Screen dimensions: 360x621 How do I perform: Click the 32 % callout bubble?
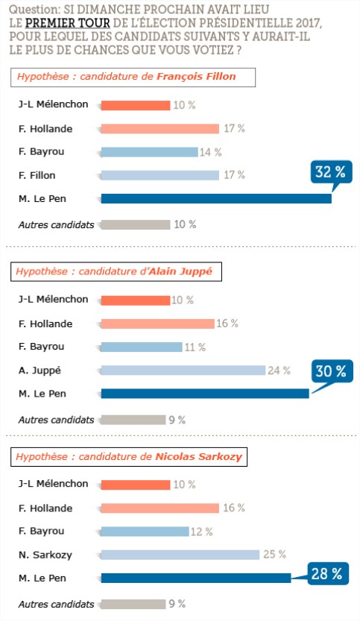point(331,173)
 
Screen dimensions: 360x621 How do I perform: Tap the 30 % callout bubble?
point(332,371)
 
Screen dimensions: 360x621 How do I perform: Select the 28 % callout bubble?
point(327,573)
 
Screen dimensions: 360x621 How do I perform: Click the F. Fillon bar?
point(160,175)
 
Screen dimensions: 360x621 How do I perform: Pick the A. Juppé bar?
point(183,371)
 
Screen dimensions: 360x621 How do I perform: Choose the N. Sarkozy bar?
point(180,555)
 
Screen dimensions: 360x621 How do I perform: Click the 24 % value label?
point(279,371)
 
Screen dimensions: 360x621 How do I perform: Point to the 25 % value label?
point(274,554)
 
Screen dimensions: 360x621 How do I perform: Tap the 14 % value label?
point(210,152)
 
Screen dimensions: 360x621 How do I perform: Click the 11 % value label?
point(195,347)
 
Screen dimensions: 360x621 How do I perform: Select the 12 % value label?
point(201,532)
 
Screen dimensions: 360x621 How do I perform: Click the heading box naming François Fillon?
point(133,78)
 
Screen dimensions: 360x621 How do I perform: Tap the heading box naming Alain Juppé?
point(116,271)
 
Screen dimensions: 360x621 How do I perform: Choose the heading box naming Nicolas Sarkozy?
point(129,457)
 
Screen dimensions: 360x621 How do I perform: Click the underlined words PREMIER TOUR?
point(67,23)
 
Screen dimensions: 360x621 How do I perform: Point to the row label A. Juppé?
point(40,371)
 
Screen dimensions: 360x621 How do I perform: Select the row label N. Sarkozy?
point(45,555)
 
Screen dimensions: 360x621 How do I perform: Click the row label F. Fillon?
point(37,175)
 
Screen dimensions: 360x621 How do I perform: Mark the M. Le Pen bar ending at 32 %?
point(216,198)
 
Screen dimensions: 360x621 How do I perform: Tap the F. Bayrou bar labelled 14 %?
point(149,152)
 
